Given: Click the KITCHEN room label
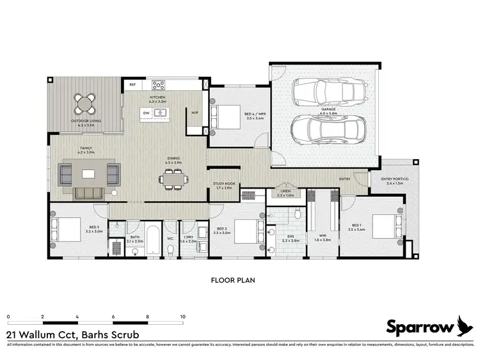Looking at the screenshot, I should tap(157, 97).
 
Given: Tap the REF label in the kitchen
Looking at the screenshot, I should tap(132, 84).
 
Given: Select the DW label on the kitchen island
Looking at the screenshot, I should tap(146, 113).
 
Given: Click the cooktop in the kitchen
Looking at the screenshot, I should tap(158, 84).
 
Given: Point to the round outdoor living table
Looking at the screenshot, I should tap(84, 102).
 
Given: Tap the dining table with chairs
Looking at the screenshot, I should tap(173, 181).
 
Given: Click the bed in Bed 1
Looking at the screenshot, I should tap(381, 227).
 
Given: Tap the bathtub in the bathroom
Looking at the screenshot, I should tap(154, 240).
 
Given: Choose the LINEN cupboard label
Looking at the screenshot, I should tap(285, 191).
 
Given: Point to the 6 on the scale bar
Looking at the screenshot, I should tap(113, 317).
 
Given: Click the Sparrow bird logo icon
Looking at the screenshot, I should tap(465, 326).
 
